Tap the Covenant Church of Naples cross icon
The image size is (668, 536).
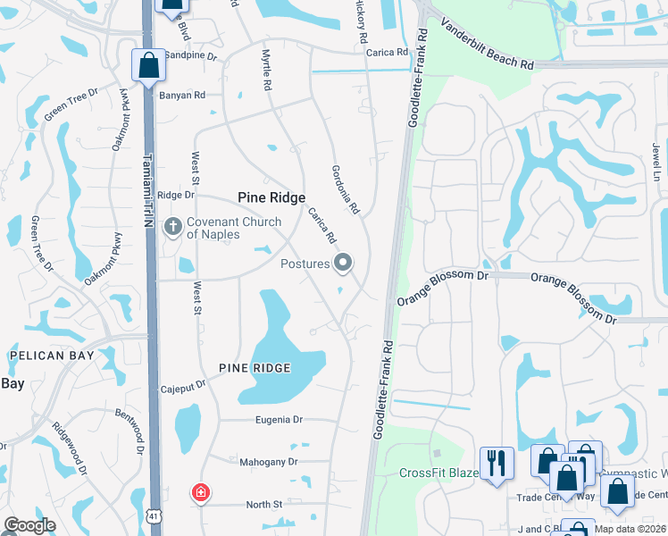174,227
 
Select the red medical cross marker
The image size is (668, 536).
202,492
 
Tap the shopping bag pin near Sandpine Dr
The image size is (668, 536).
148,65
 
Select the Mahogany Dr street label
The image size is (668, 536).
268,462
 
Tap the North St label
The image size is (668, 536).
264,505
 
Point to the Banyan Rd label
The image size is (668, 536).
182,95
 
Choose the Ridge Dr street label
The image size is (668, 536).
175,195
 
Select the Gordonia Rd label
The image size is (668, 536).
345,189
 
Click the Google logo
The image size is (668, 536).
29,525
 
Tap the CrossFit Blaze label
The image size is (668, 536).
438,473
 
